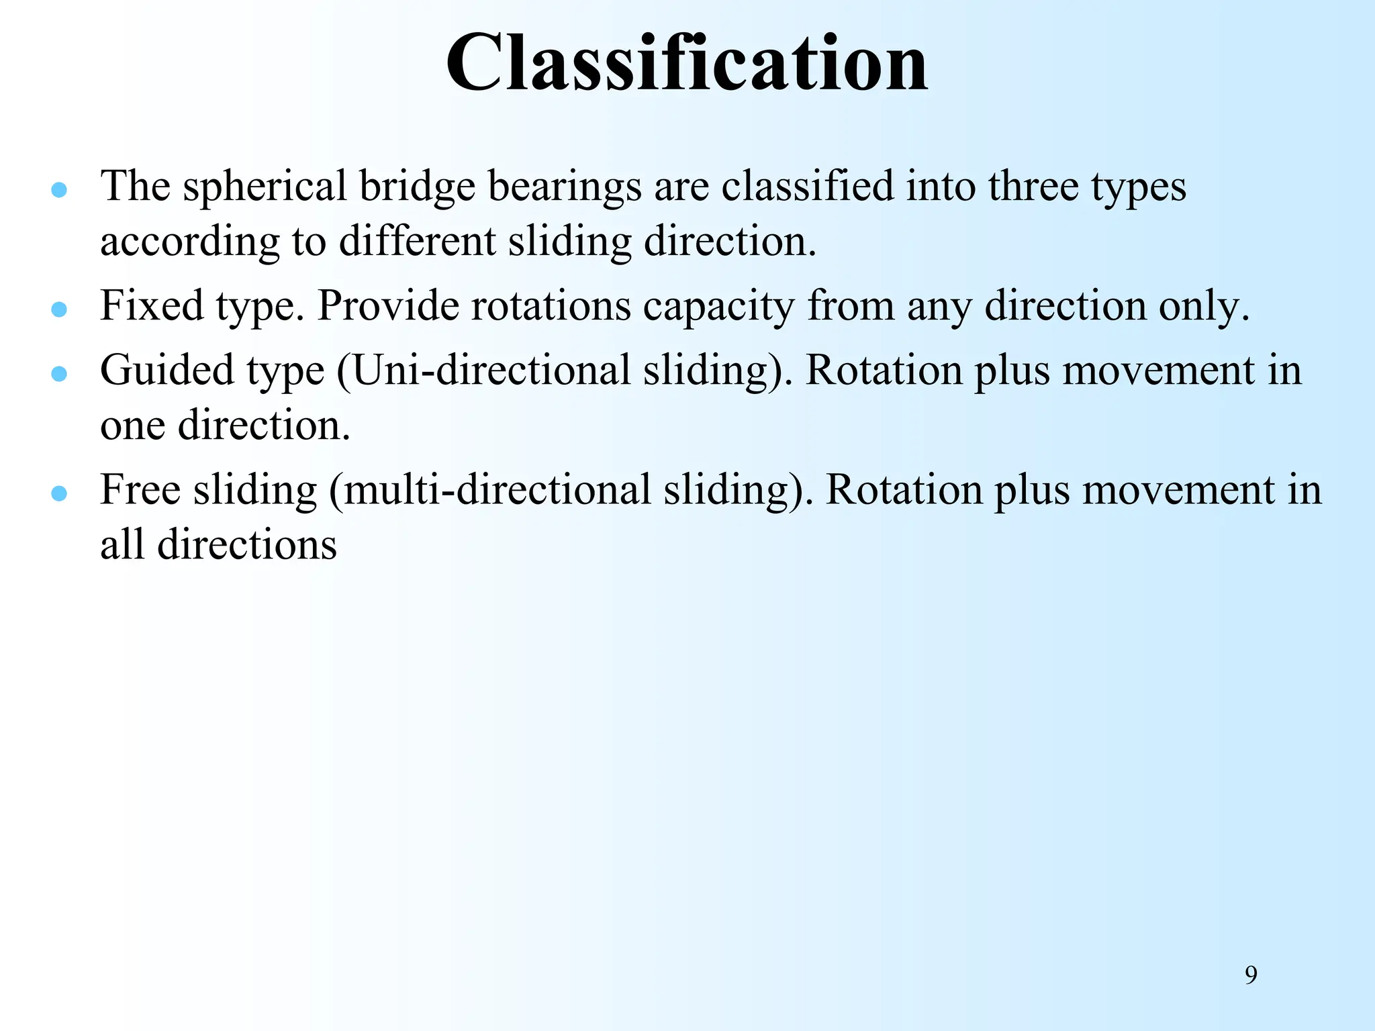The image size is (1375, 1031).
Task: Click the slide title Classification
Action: click(x=687, y=63)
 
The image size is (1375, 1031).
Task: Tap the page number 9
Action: click(x=1251, y=975)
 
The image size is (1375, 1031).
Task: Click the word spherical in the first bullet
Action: click(x=265, y=187)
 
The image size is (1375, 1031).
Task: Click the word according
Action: click(x=190, y=242)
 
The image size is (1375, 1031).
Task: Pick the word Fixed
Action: click(x=152, y=306)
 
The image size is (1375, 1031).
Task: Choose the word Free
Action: click(x=140, y=489)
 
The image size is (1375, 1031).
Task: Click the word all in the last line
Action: click(x=122, y=544)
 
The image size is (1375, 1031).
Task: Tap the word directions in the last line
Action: click(x=247, y=544)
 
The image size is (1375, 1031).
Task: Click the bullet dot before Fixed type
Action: click(x=59, y=309)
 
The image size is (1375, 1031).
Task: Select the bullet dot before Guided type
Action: click(x=59, y=374)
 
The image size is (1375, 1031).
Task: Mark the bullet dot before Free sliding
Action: click(x=59, y=493)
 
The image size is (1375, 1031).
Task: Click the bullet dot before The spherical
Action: click(x=59, y=190)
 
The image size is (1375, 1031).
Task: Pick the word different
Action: click(x=417, y=241)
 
